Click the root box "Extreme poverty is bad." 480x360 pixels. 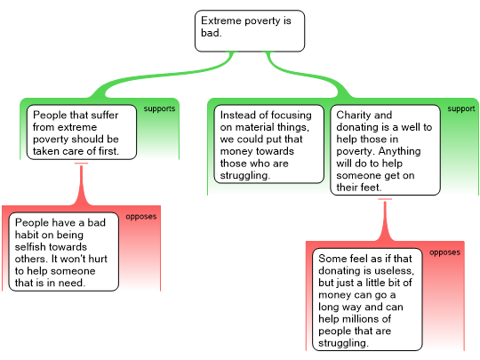[x=250, y=31]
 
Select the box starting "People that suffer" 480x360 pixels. [x=82, y=132]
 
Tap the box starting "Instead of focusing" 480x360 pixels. [x=268, y=144]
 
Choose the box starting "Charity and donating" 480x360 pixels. [x=386, y=150]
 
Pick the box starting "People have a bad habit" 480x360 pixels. [x=64, y=252]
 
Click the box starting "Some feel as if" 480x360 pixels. [x=367, y=300]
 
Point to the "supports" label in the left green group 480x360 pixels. [x=159, y=108]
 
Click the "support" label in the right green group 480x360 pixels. [x=461, y=108]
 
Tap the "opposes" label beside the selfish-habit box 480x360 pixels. [x=141, y=216]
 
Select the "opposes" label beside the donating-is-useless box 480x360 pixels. [x=444, y=252]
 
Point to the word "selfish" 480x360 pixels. [x=29, y=247]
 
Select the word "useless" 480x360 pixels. [x=397, y=270]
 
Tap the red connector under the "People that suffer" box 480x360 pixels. [x=82, y=184]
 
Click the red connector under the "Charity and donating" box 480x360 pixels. [x=385, y=220]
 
